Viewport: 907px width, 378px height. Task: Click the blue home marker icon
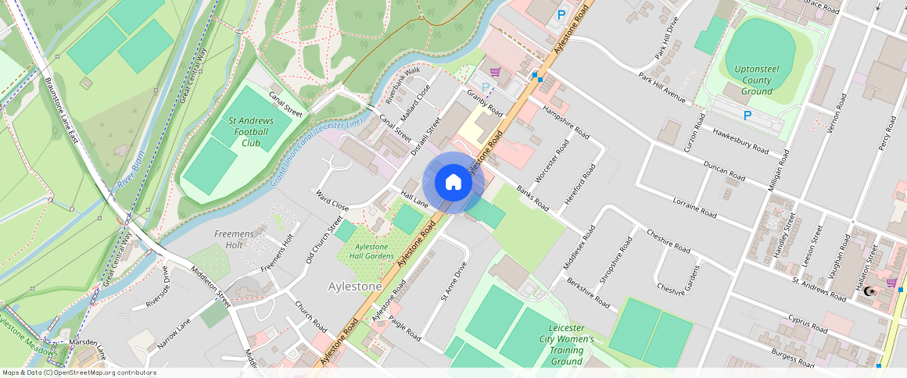(x=453, y=183)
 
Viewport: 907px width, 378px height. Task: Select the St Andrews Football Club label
(x=250, y=132)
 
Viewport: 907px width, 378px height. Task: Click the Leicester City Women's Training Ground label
(x=566, y=344)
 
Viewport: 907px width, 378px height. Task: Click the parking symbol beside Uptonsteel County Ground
(x=747, y=116)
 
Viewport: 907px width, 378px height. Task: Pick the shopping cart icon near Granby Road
(x=495, y=72)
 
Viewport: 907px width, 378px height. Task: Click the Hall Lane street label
(x=414, y=199)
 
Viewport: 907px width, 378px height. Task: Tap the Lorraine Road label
(x=694, y=207)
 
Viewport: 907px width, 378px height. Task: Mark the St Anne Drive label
(x=453, y=280)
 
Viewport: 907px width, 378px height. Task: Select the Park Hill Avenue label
(x=661, y=87)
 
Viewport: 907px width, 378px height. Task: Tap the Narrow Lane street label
(x=174, y=333)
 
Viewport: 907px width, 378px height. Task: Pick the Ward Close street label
(x=332, y=200)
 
